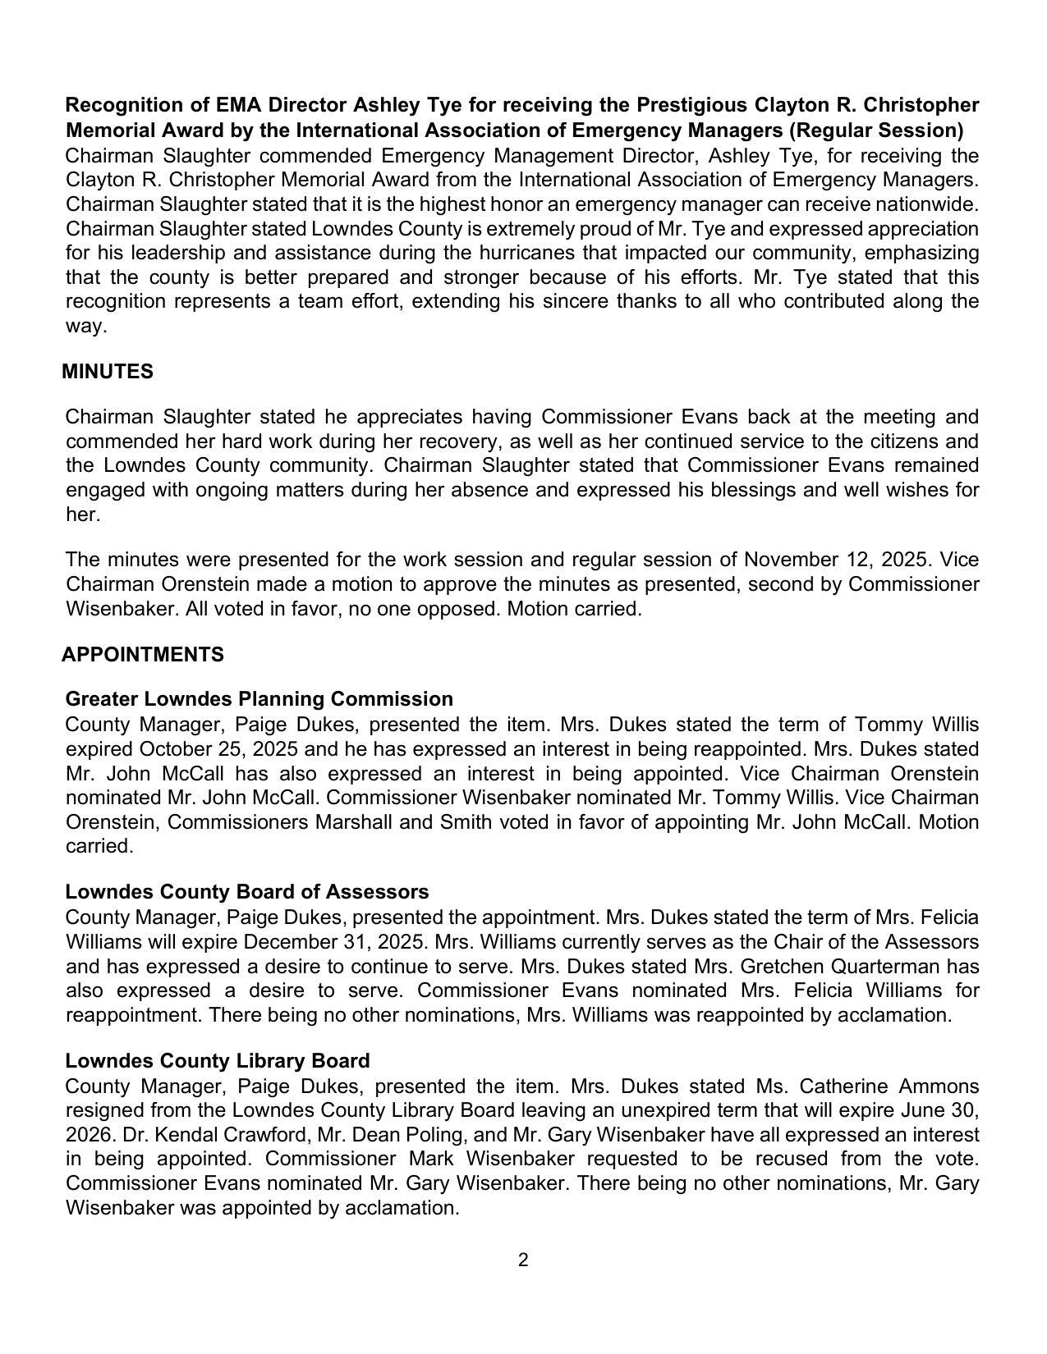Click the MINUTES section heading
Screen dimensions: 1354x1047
coord(108,372)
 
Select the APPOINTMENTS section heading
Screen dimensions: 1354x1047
coord(143,655)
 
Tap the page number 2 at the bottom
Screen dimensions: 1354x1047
coord(523,1260)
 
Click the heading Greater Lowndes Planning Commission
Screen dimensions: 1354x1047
coord(259,699)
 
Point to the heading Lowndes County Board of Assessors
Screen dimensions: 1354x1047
coord(246,892)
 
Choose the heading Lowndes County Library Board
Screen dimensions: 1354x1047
coord(217,1061)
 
